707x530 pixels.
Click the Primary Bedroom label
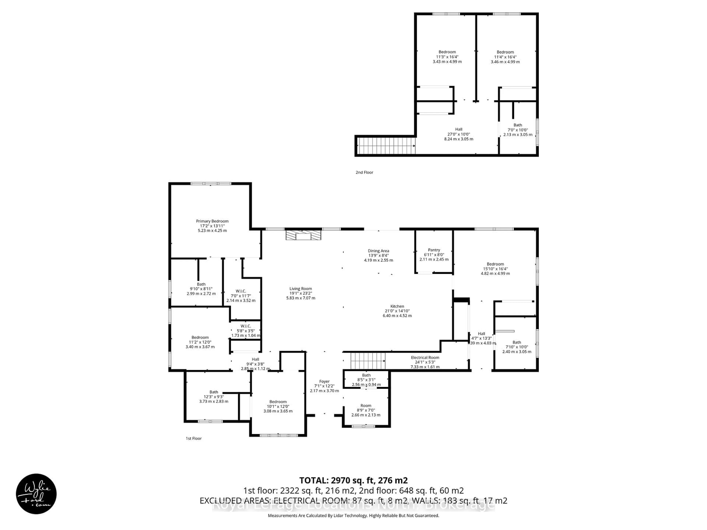click(212, 221)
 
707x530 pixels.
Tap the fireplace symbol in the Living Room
click(303, 235)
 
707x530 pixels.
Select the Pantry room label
click(434, 250)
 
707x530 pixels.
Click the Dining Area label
click(378, 251)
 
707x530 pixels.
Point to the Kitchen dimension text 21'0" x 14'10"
click(397, 311)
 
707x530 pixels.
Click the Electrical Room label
click(425, 358)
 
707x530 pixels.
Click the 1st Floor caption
click(194, 438)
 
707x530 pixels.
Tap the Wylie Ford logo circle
click(36, 494)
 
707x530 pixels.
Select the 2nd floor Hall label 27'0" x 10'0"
click(459, 129)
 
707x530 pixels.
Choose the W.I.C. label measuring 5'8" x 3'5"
click(245, 326)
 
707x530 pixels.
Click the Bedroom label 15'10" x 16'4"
click(495, 264)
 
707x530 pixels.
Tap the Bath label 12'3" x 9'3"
click(214, 392)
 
